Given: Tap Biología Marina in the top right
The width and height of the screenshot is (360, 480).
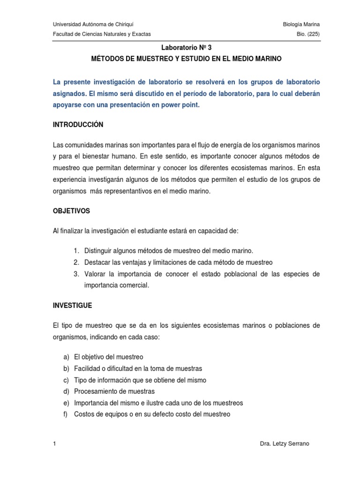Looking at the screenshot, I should pyautogui.click(x=302, y=24).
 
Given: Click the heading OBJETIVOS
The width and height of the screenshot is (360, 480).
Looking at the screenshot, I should pyautogui.click(x=72, y=211).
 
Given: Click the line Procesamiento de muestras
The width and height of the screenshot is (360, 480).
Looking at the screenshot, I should pyautogui.click(x=114, y=391).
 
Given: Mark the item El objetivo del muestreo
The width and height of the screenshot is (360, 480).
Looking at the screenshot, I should pyautogui.click(x=109, y=357).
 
